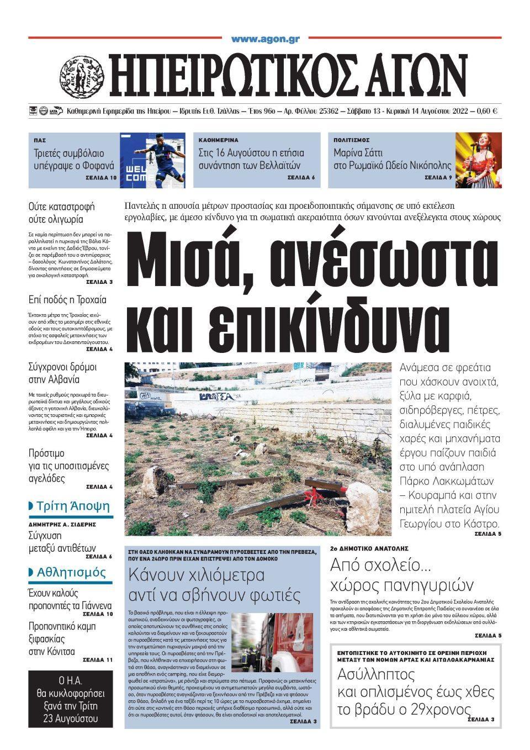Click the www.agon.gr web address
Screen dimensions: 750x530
click(265, 39)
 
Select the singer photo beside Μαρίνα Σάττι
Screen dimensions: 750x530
click(478, 160)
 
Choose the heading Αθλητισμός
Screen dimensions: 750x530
click(71, 572)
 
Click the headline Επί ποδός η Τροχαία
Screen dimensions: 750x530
click(67, 300)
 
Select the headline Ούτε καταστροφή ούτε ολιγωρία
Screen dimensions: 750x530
click(62, 213)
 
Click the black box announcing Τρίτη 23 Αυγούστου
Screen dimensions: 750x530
click(70, 699)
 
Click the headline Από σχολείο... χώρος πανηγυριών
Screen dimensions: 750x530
click(402, 575)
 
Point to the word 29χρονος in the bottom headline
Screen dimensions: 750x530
click(439, 710)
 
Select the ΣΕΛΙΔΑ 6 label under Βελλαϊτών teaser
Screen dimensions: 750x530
click(301, 178)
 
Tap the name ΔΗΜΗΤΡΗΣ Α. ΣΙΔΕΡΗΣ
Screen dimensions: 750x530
click(62, 524)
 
